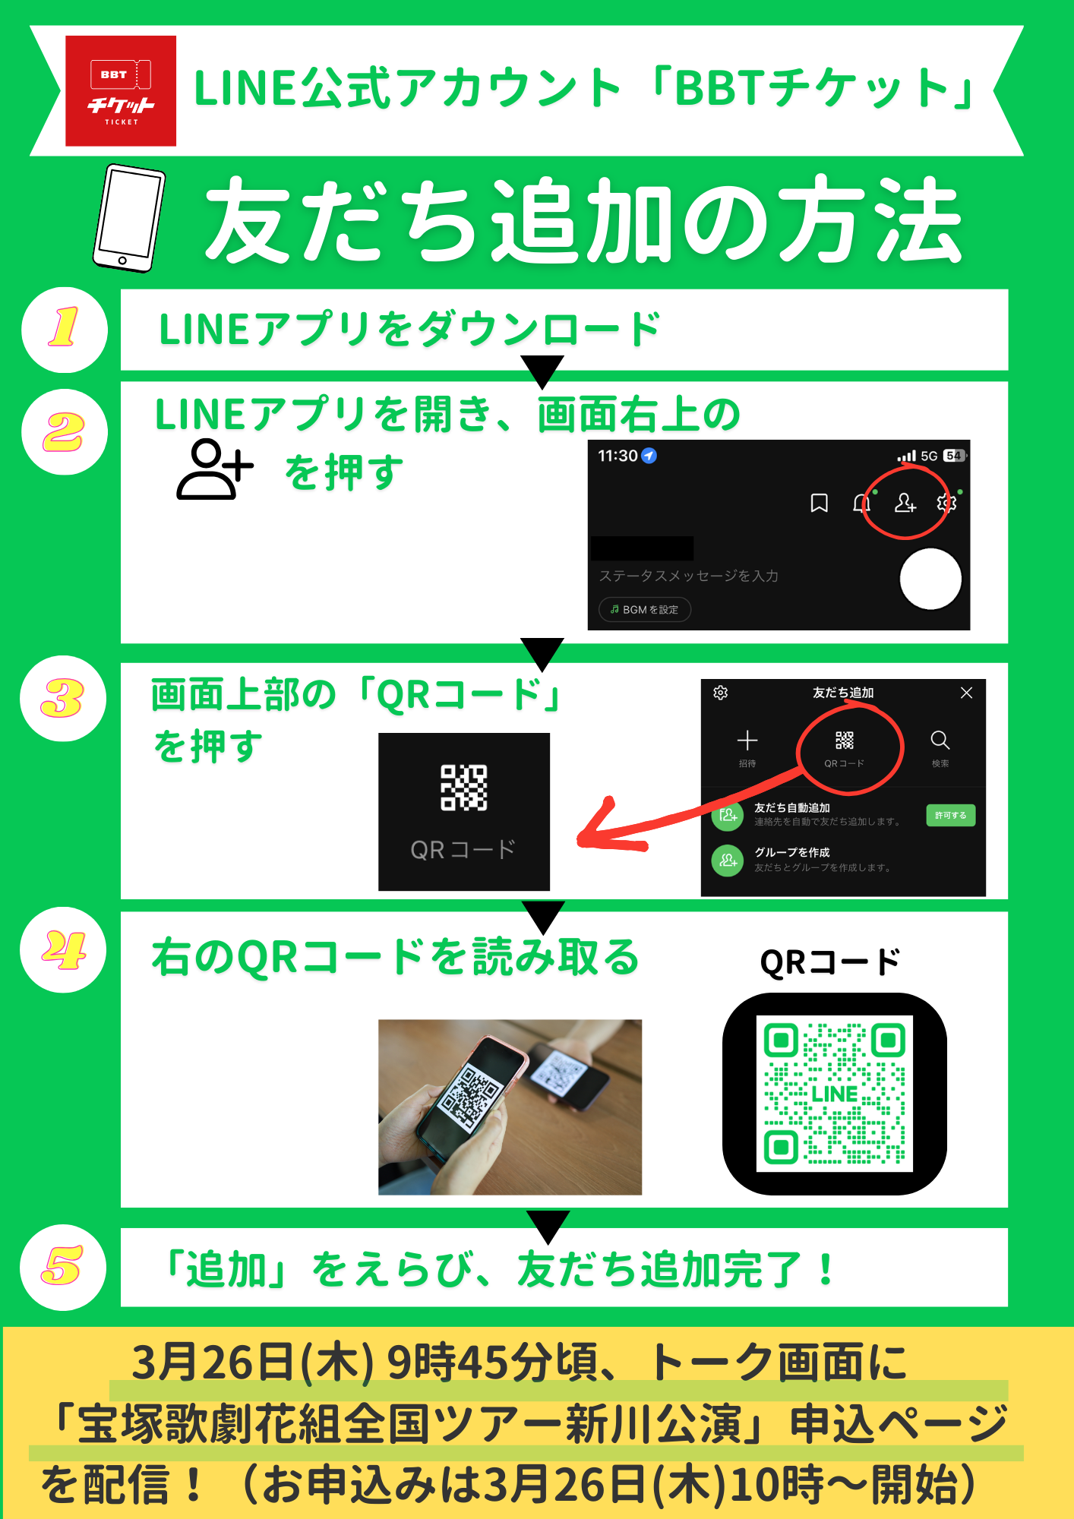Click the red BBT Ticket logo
pyautogui.click(x=121, y=90)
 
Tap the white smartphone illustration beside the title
pyautogui.click(x=128, y=218)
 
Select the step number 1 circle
pyautogui.click(x=65, y=330)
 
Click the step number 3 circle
pyautogui.click(x=63, y=698)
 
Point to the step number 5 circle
pyautogui.click(x=63, y=1267)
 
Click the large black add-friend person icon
pyautogui.click(x=215, y=469)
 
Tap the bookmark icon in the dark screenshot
pyautogui.click(x=819, y=503)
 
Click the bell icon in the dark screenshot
pyautogui.click(x=861, y=503)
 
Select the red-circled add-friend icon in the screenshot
pyautogui.click(x=905, y=503)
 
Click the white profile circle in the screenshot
pyautogui.click(x=930, y=579)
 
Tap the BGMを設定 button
pyautogui.click(x=645, y=609)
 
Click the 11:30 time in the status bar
pyautogui.click(x=618, y=456)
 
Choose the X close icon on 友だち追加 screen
pyautogui.click(x=966, y=693)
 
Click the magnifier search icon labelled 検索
pyautogui.click(x=940, y=740)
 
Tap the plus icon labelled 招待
pyautogui.click(x=747, y=740)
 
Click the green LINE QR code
pyautogui.click(x=835, y=1094)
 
